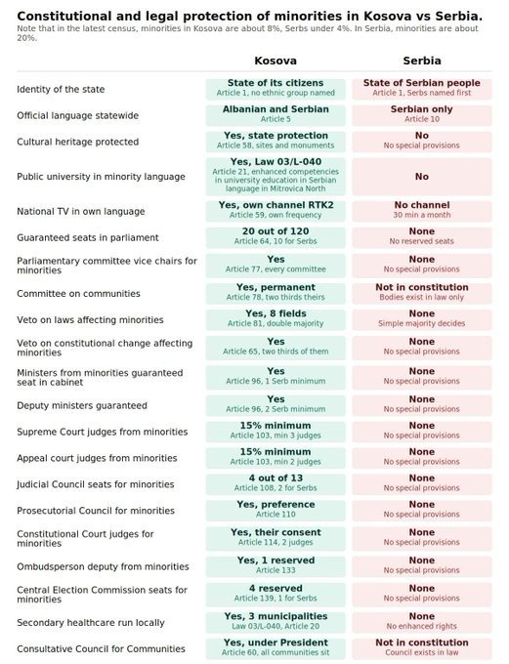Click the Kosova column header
pos(276,61)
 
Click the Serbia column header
pos(422,61)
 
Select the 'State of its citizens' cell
pos(276,89)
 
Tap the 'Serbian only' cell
pos(422,115)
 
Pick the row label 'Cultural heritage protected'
pos(77,142)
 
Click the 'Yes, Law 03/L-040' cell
pos(276,176)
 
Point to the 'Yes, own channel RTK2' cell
pos(276,211)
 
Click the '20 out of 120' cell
pos(276,237)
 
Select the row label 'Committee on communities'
pos(78,294)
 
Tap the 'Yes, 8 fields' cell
pos(276,319)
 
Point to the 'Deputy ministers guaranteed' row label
pos(82,405)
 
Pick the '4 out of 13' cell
pos(276,483)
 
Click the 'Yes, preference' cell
pos(276,510)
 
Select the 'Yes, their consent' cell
pos(276,538)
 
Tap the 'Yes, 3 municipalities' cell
pos(276,622)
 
